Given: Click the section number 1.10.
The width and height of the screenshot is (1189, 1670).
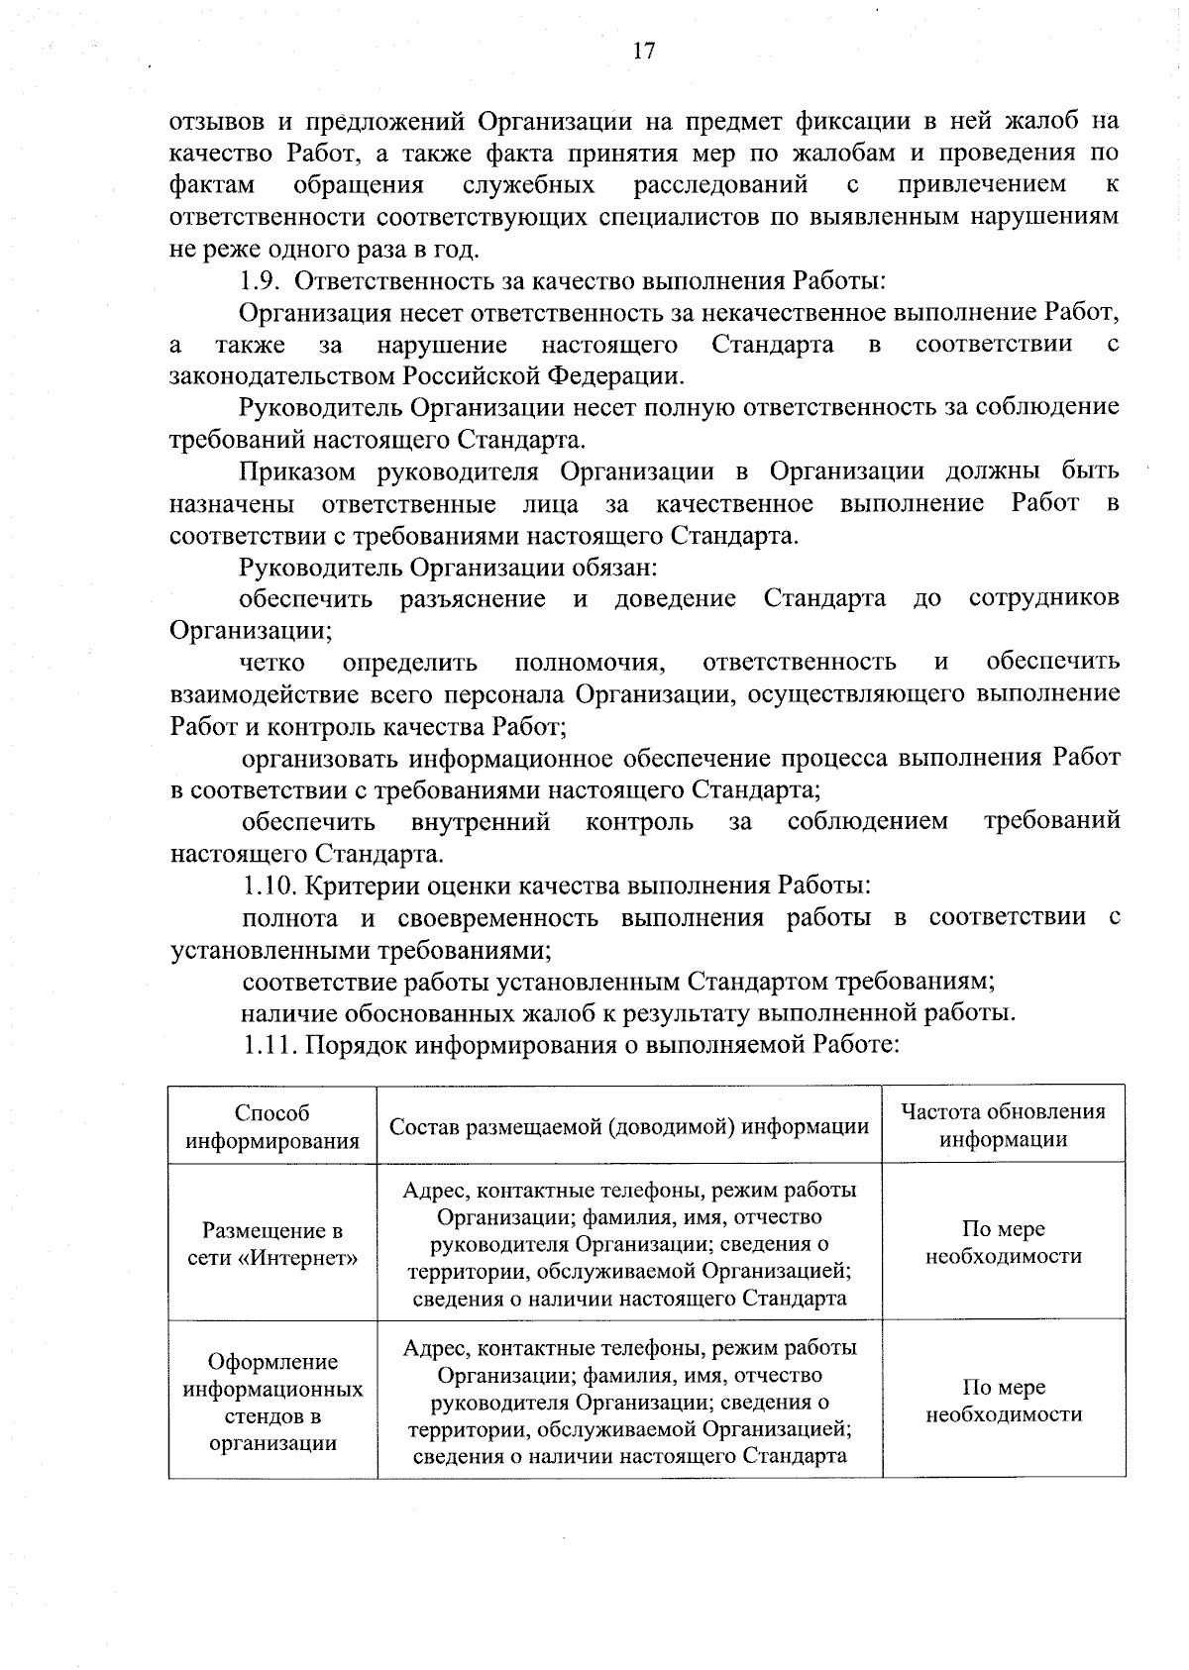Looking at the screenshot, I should coord(267,885).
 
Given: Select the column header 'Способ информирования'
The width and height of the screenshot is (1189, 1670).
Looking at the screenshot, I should coord(272,1126).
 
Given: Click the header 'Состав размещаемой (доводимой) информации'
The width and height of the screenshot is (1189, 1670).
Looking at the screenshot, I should coord(629,1126).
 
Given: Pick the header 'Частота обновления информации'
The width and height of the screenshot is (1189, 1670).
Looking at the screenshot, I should coord(1003,1125).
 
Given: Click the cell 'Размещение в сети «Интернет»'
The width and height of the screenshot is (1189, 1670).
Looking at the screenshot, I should coord(272,1244).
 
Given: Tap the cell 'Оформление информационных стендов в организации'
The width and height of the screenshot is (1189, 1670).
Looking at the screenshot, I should coord(272,1402).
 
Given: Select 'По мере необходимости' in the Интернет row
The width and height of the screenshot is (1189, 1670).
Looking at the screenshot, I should coord(1003,1242).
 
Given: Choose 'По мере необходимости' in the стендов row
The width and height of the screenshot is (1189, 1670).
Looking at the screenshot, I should coord(1003,1401).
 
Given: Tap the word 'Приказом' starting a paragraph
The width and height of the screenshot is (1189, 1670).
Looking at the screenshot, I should coord(294,470).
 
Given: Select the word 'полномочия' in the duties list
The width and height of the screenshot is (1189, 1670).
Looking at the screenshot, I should coord(589,662).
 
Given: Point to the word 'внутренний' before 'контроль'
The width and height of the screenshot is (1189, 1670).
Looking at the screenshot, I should coord(481,821).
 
